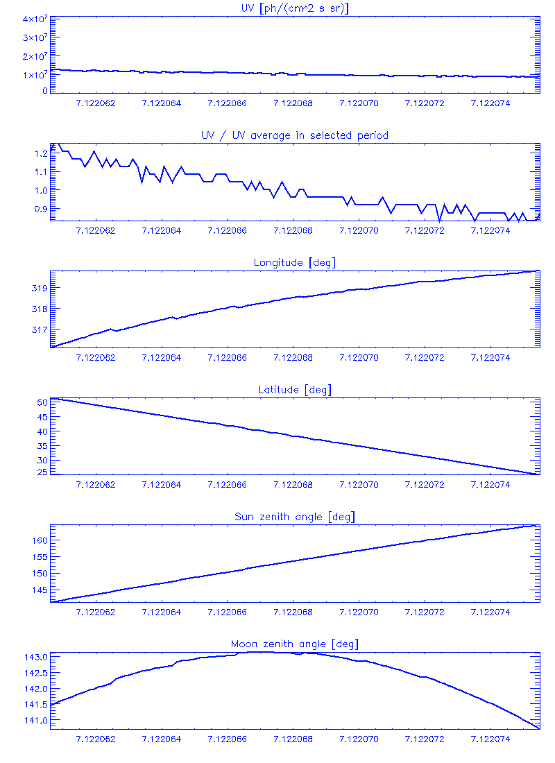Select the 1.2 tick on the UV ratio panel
click(40, 153)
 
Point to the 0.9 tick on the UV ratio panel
click(40, 208)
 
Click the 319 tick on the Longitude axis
click(40, 288)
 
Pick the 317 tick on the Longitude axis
click(40, 329)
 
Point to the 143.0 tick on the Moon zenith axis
click(35, 657)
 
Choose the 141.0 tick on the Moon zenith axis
click(35, 721)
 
